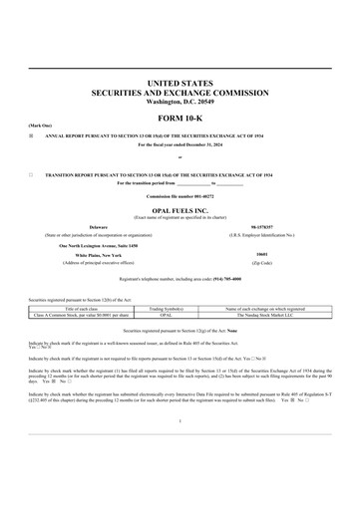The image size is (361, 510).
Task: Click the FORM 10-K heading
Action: coord(180,117)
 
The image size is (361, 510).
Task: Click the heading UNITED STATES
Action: coord(180,81)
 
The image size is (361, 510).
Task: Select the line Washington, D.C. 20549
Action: coord(180,102)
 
